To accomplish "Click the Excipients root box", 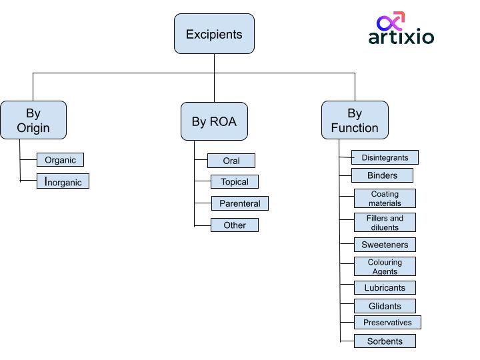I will click(x=214, y=34).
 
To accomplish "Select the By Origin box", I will click(x=33, y=121).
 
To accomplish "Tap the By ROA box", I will click(x=214, y=121).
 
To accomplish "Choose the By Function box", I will click(x=355, y=121).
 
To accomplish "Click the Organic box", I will click(x=60, y=160).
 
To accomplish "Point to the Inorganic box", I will click(x=63, y=181).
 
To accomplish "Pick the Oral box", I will click(x=231, y=161).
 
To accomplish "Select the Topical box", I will click(x=234, y=181).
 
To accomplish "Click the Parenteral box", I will click(x=239, y=203).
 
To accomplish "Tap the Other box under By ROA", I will click(x=234, y=225).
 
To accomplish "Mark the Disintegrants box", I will click(x=385, y=158).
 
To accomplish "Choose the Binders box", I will click(x=382, y=175).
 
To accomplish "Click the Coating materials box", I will click(x=385, y=199).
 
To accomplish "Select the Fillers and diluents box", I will click(x=385, y=223).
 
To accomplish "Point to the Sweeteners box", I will click(x=385, y=245).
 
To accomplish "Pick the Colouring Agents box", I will click(x=385, y=267).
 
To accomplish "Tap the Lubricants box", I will click(x=385, y=288).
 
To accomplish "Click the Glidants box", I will click(x=385, y=306).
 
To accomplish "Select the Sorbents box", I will click(x=385, y=341).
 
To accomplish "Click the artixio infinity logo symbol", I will click(x=391, y=21).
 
